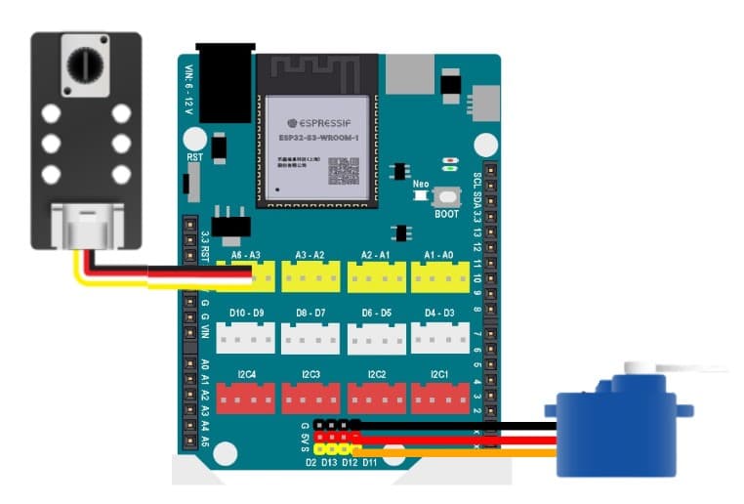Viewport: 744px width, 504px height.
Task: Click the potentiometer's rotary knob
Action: (x=81, y=65)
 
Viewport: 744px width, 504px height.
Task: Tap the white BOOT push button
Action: (x=446, y=196)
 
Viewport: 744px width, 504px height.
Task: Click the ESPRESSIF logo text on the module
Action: (x=315, y=123)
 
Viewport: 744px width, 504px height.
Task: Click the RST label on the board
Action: (x=194, y=156)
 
